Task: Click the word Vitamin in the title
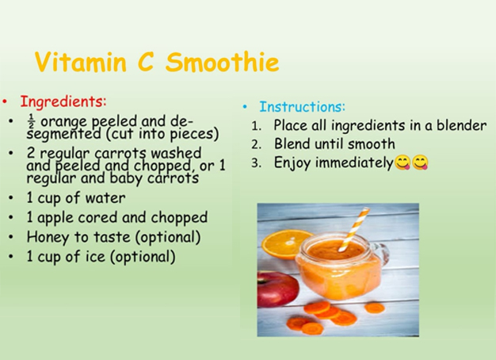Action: pyautogui.click(x=81, y=61)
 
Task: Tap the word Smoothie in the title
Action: pyautogui.click(x=223, y=61)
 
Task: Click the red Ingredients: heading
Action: pyautogui.click(x=63, y=101)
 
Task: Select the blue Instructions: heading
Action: pyautogui.click(x=302, y=107)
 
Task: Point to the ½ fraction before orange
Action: pyautogui.click(x=31, y=121)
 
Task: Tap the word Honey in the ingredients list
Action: pyautogui.click(x=47, y=237)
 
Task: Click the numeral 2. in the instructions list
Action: pyautogui.click(x=257, y=144)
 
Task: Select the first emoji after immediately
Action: pyautogui.click(x=403, y=163)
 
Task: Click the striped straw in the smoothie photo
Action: pyautogui.click(x=354, y=229)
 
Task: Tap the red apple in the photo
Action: pyautogui.click(x=277, y=289)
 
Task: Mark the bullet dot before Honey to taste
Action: pyautogui.click(x=11, y=237)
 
